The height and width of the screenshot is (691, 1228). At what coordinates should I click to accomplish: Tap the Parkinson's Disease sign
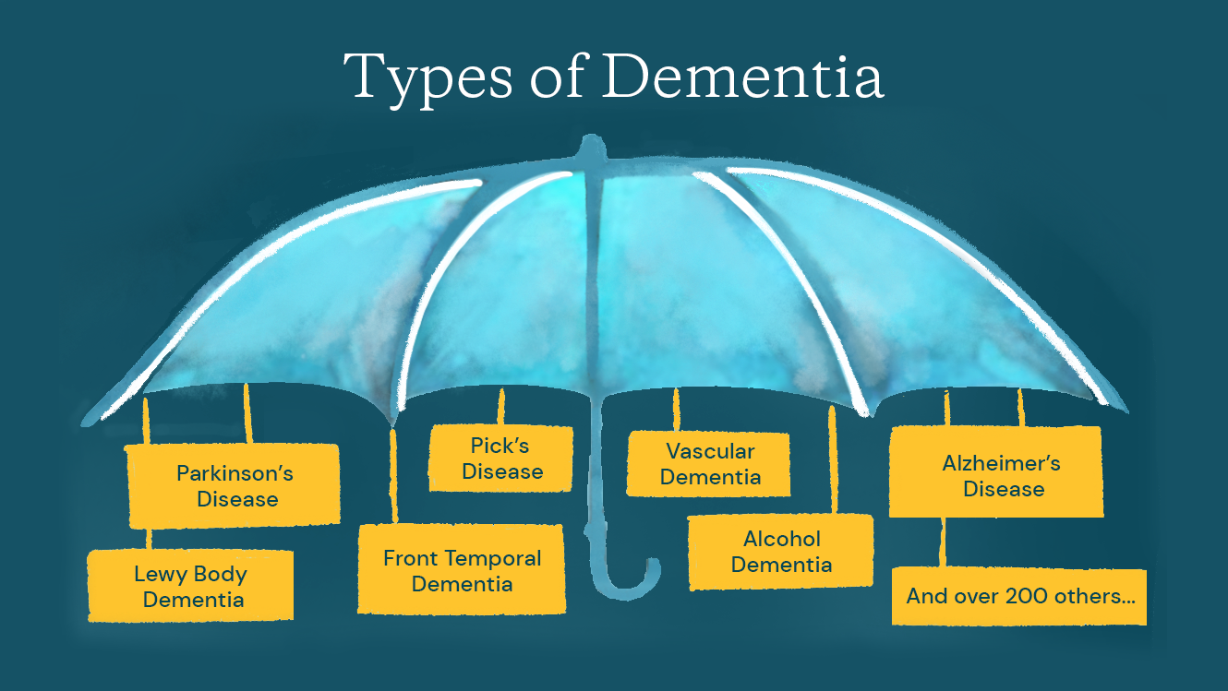(x=234, y=485)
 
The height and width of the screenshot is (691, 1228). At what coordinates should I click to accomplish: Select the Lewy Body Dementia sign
(x=190, y=587)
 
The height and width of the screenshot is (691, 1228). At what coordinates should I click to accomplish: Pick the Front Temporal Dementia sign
(x=462, y=570)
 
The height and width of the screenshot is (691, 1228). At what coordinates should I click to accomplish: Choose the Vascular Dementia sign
(x=709, y=464)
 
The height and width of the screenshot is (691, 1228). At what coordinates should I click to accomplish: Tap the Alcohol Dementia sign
(x=781, y=552)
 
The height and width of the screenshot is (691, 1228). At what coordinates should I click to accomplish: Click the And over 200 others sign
(x=1019, y=597)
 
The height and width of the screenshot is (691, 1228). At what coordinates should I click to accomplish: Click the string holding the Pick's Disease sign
(x=501, y=407)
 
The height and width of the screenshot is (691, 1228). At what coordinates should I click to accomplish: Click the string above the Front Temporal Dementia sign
(x=394, y=475)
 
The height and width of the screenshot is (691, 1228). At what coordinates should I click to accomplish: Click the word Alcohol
(x=782, y=539)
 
